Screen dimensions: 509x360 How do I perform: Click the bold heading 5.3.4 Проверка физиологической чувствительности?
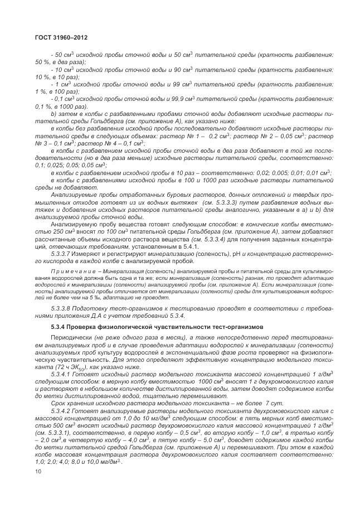click(x=138, y=327)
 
